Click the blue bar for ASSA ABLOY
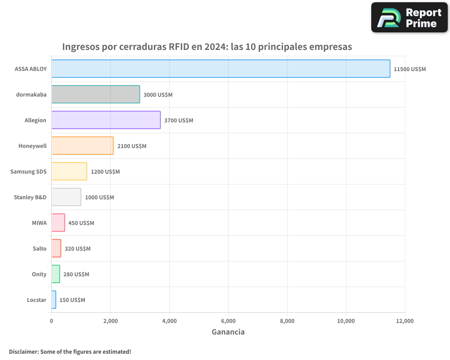[x=220, y=69]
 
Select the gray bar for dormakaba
[x=95, y=94]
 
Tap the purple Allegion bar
[x=106, y=120]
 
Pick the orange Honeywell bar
[x=82, y=146]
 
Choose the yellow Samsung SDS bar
[x=69, y=171]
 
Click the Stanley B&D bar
[x=66, y=197]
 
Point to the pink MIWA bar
[x=58, y=223]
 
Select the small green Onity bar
[x=55, y=274]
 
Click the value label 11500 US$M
[x=409, y=69]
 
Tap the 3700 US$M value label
[x=179, y=121]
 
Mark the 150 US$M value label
[x=72, y=300]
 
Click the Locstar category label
[x=36, y=300]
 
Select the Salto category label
[x=40, y=248]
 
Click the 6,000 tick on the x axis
[x=228, y=321]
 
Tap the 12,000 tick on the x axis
[x=405, y=321]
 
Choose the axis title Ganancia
[x=228, y=332]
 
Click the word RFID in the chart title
[x=179, y=47]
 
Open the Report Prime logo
[x=409, y=18]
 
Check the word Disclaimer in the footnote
[x=23, y=351]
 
